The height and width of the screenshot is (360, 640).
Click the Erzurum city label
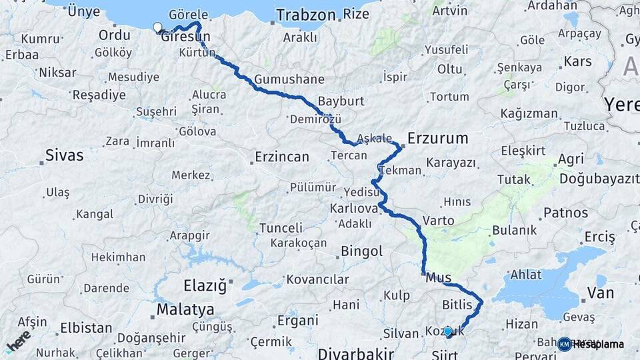coord(437,139)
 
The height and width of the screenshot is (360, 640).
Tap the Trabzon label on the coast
coord(306,15)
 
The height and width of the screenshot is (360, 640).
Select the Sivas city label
coord(64,156)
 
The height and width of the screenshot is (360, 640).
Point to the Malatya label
coord(185,309)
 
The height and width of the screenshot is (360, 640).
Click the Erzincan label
coord(282,157)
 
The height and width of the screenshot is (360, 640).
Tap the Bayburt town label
coord(341,101)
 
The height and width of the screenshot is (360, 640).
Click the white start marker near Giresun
coord(157,27)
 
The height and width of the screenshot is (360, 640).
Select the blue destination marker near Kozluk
coord(448,331)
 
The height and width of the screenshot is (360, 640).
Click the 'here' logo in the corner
coord(19,341)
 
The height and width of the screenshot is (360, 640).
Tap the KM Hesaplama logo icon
coord(565,344)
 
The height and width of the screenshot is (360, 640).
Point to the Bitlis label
coord(457,305)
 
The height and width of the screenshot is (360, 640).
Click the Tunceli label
coord(281,228)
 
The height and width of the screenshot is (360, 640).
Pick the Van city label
coord(600,292)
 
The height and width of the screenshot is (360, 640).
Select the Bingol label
coord(361,251)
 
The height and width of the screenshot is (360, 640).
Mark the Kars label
coord(577,62)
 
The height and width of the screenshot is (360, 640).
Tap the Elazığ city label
coord(205,287)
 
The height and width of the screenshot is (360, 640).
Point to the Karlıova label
coord(354,209)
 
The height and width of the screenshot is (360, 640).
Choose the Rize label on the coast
coord(356,14)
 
